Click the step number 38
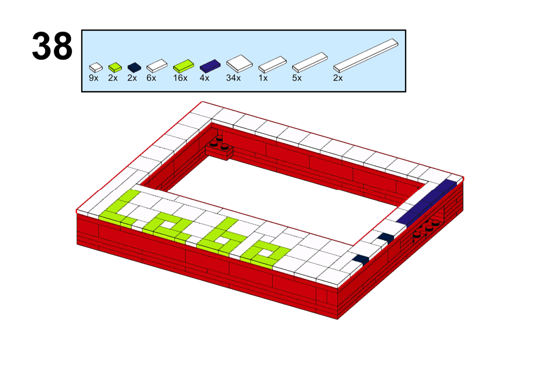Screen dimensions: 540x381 [52, 46]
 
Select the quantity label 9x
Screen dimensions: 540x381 [94, 78]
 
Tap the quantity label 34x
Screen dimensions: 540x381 [233, 78]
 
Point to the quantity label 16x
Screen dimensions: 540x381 [180, 78]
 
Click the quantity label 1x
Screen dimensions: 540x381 [263, 78]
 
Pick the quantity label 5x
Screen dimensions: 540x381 [297, 78]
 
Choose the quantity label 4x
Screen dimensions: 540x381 [204, 78]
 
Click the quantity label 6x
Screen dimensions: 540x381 [151, 78]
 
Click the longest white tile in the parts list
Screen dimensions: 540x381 [366, 55]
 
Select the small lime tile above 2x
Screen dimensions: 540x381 [115, 68]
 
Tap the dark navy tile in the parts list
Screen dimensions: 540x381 [134, 68]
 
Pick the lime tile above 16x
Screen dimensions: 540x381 [184, 66]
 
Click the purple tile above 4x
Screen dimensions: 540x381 [210, 66]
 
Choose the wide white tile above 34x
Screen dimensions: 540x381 [239, 63]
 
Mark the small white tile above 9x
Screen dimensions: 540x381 [96, 68]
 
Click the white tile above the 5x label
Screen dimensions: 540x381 [310, 63]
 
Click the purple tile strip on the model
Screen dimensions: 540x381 [427, 203]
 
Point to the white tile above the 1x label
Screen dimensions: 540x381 [272, 65]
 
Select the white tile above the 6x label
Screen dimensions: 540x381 [157, 66]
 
